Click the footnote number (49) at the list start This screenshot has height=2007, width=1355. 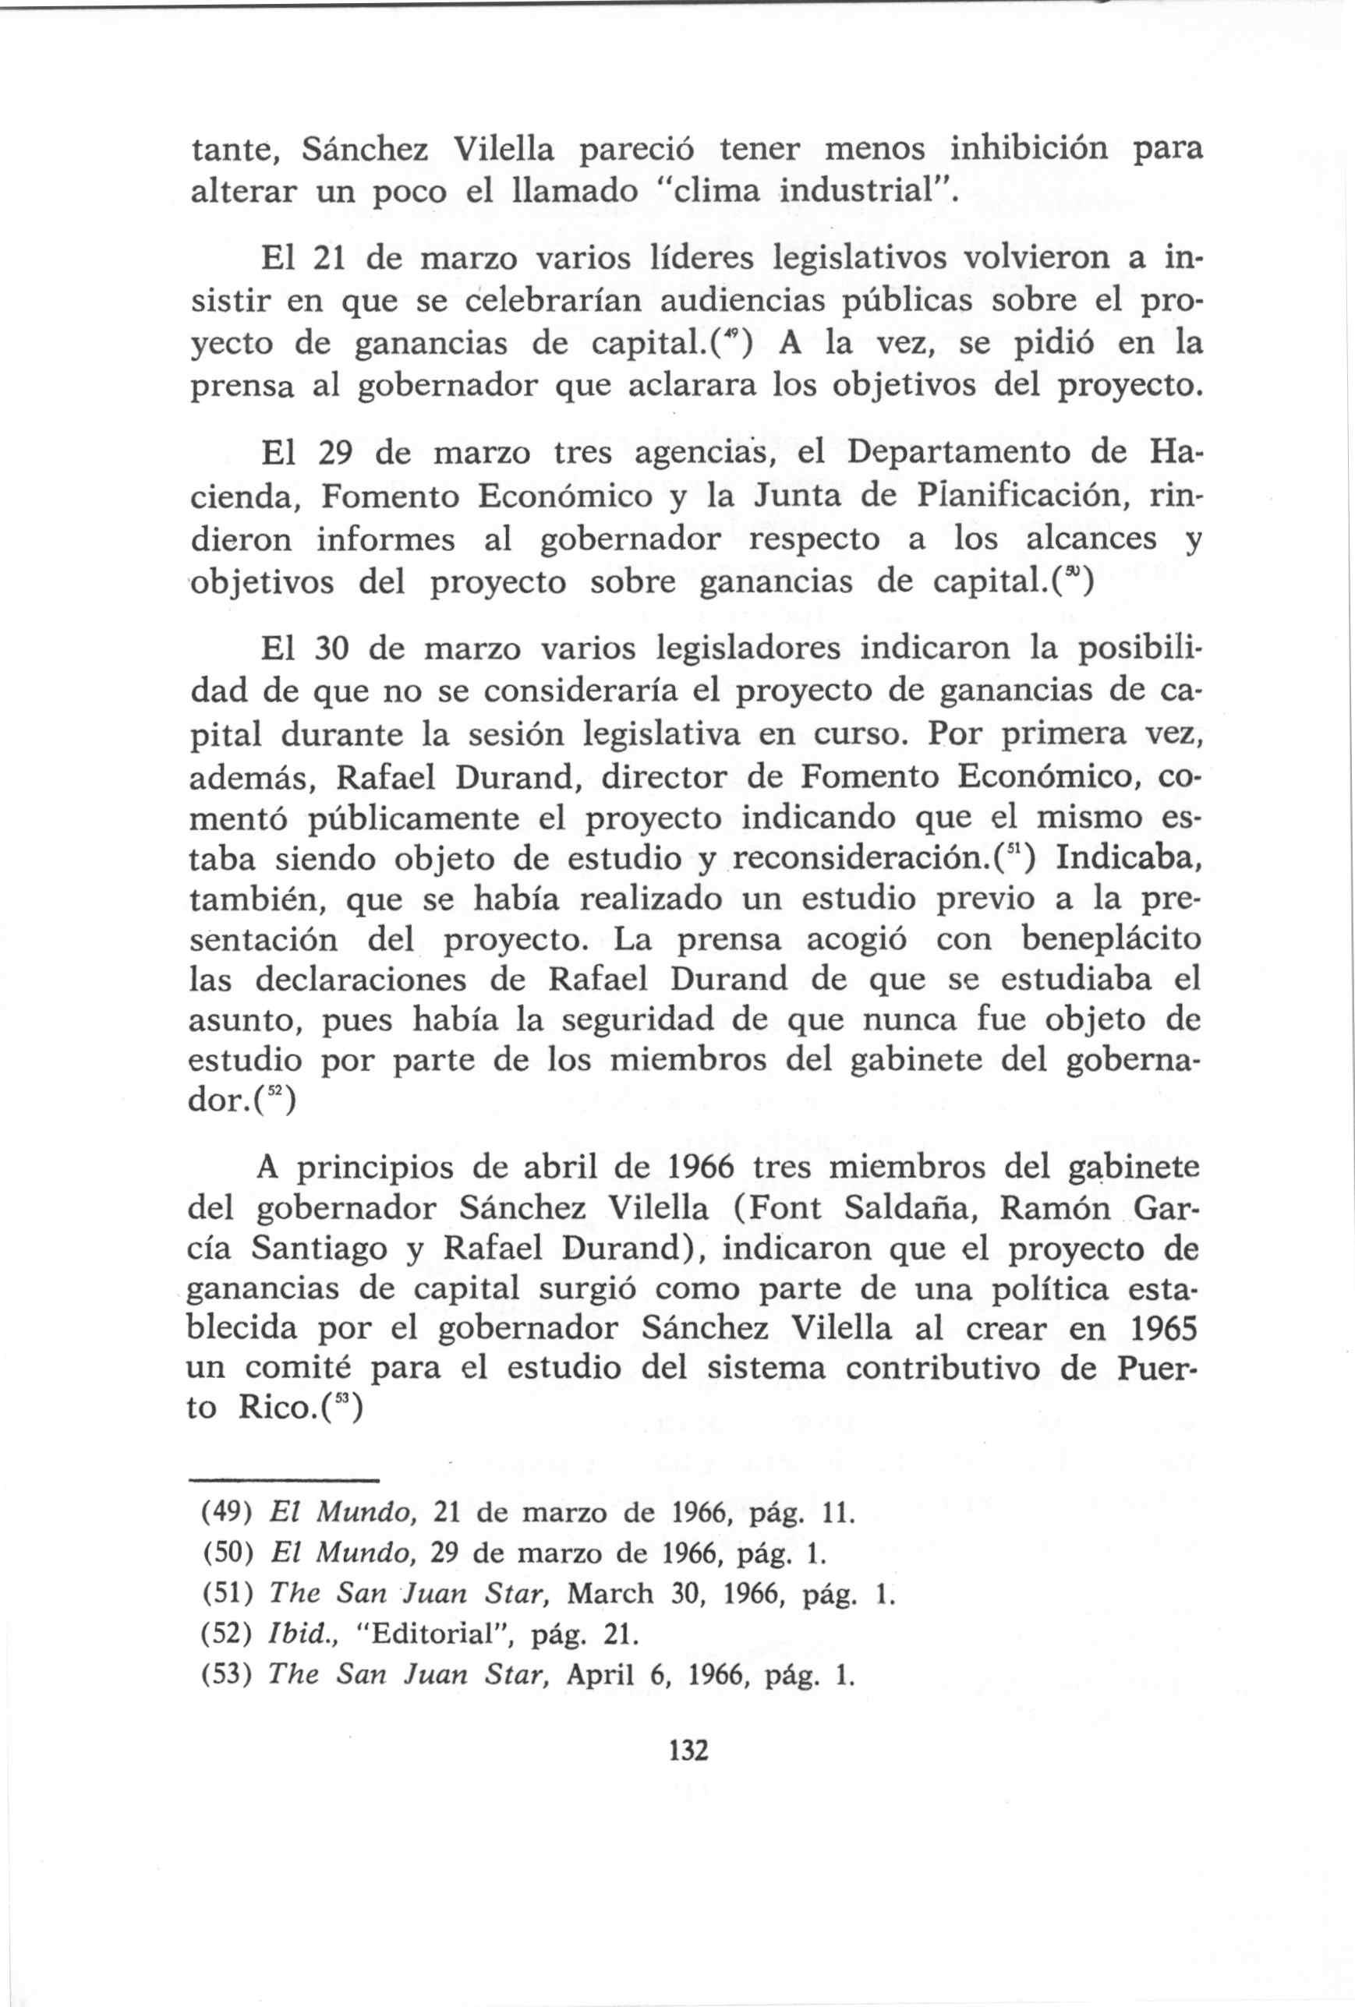[x=226, y=1513]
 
